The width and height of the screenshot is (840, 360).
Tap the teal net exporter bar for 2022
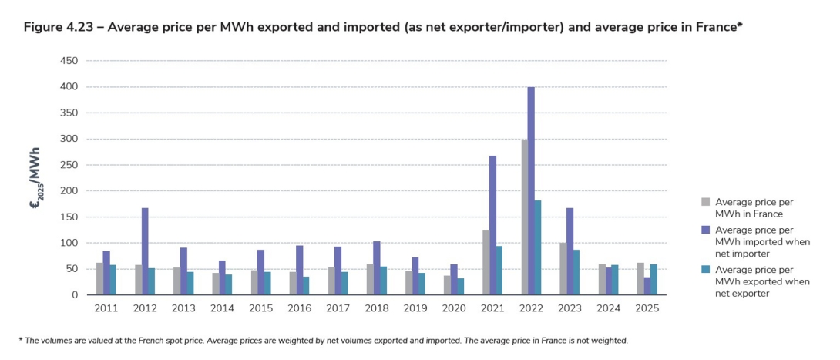537,247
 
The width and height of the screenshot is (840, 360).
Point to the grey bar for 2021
486,263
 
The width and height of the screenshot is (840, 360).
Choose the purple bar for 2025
647,286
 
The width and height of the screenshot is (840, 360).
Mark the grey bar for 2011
99,279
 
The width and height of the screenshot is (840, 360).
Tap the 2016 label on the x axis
299,308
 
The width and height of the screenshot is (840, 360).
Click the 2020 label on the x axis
453,308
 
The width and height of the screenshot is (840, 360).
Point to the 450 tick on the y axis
69,61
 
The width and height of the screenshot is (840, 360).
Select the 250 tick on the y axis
69,165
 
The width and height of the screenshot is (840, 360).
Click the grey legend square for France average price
705,202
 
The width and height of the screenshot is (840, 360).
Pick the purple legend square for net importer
705,229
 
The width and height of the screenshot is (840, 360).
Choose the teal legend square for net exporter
705,270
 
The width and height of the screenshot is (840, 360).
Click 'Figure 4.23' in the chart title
59,27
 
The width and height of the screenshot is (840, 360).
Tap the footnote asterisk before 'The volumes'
21,340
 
